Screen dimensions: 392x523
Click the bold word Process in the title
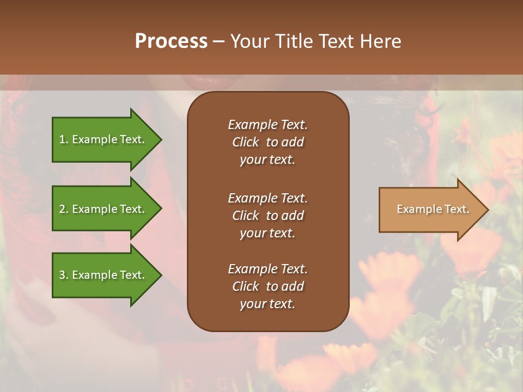[171, 41]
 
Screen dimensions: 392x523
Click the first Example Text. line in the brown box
[267, 125]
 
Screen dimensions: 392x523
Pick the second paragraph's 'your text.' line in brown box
[267, 233]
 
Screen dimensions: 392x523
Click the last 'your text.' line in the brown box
[267, 304]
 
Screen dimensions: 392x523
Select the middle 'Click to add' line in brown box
[267, 216]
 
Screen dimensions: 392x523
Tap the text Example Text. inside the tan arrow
[433, 209]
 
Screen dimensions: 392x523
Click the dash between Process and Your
[218, 41]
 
